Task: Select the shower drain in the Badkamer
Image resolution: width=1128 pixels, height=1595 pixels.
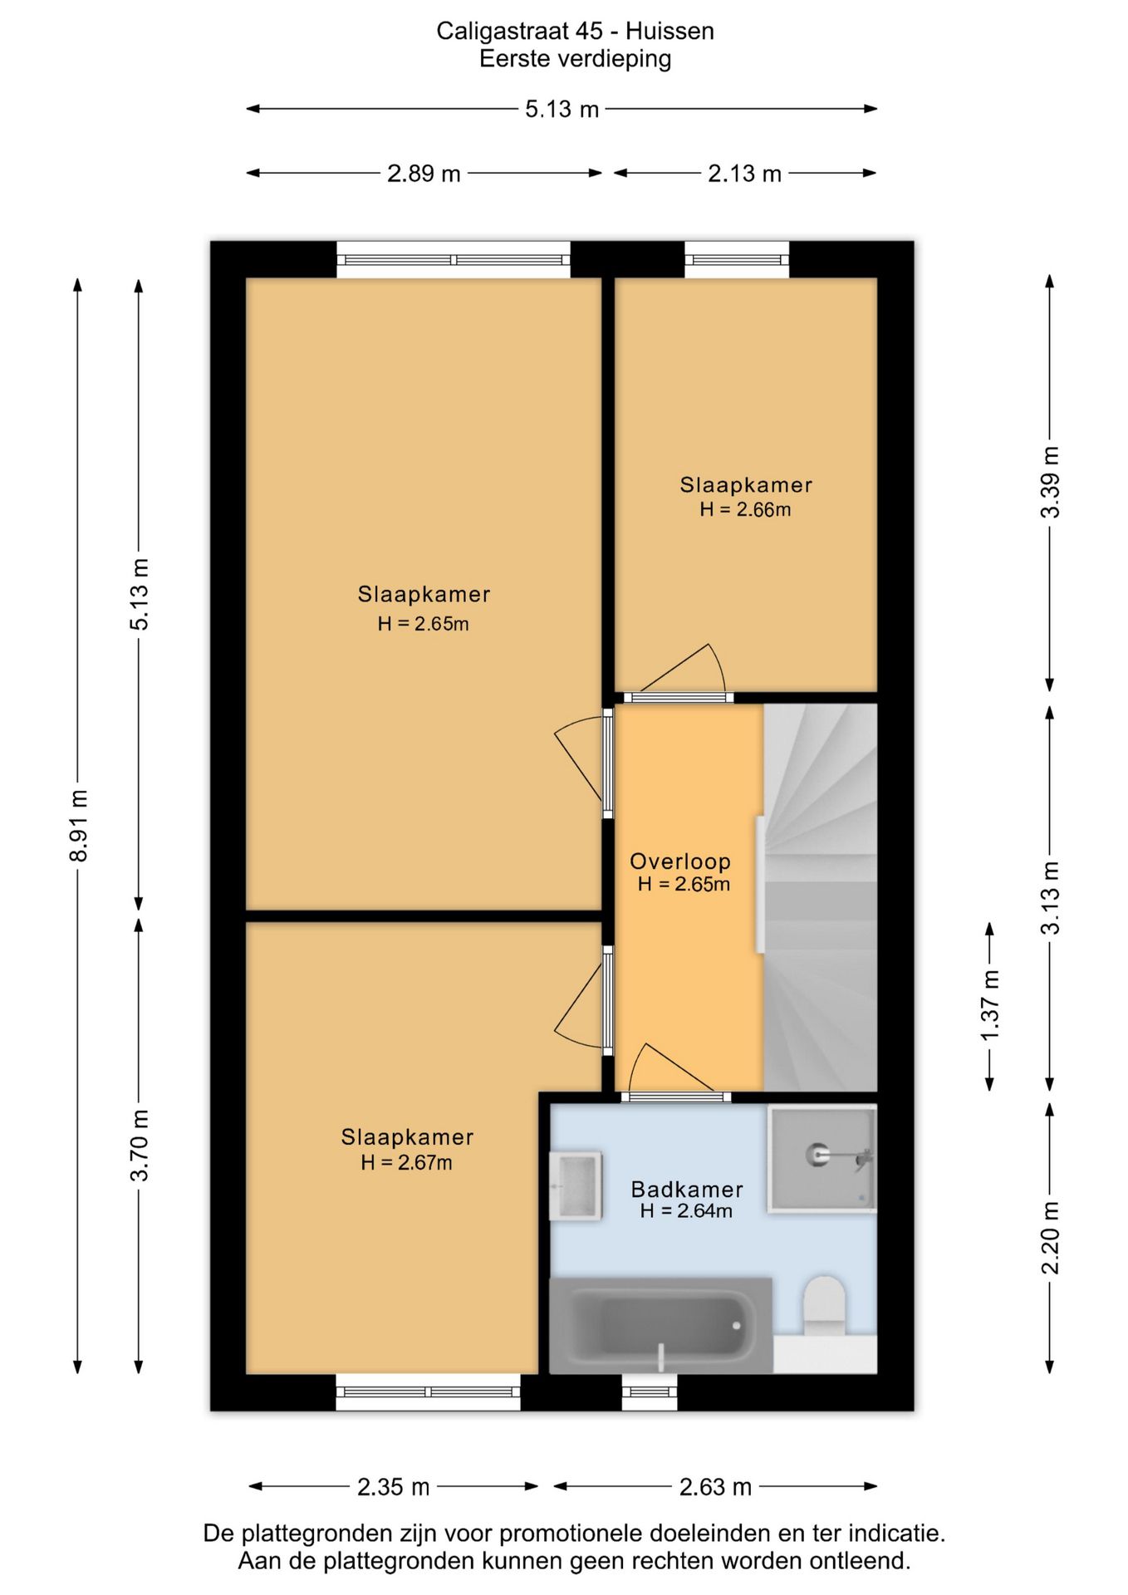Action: pyautogui.click(x=817, y=1154)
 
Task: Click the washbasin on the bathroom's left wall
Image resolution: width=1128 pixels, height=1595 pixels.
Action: pyautogui.click(x=576, y=1185)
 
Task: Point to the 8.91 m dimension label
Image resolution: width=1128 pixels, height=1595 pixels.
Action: pyautogui.click(x=79, y=825)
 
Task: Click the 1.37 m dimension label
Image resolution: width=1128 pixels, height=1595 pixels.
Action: pyautogui.click(x=989, y=1005)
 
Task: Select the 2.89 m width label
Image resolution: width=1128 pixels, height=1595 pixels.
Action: pyautogui.click(x=424, y=174)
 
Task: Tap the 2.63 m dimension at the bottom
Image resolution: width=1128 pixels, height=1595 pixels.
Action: pyautogui.click(x=715, y=1486)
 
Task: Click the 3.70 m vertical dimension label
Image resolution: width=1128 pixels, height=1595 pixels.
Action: pyautogui.click(x=140, y=1145)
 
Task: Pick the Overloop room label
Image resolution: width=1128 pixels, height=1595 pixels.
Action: pyautogui.click(x=680, y=861)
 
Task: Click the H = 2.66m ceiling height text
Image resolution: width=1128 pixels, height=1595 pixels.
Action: pyautogui.click(x=745, y=509)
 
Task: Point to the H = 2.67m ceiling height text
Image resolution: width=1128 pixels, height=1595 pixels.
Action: pyautogui.click(x=406, y=1162)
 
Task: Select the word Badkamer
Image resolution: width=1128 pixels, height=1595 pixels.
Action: pyautogui.click(x=687, y=1189)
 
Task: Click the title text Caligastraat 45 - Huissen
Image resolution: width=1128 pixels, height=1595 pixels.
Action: pyautogui.click(x=575, y=31)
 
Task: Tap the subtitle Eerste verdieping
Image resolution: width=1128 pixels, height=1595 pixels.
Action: pyautogui.click(x=575, y=59)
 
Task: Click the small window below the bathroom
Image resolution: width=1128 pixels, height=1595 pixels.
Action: pyautogui.click(x=650, y=1392)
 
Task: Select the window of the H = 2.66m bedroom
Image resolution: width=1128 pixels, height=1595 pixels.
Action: pyautogui.click(x=737, y=260)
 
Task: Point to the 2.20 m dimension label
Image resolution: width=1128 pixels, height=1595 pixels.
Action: pyautogui.click(x=1051, y=1238)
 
